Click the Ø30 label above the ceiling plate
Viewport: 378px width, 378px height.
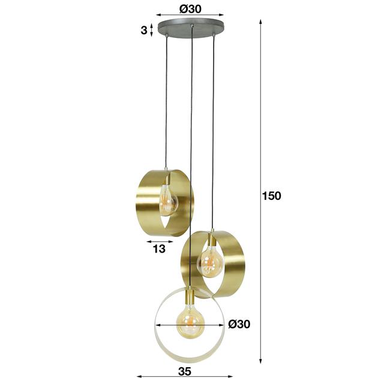(190, 8)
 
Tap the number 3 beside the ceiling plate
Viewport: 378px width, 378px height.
(143, 30)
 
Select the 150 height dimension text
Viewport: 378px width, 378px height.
(271, 195)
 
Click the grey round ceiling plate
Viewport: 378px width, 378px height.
(190, 28)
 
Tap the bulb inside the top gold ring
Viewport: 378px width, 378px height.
(168, 202)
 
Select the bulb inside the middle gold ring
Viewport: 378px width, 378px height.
(210, 261)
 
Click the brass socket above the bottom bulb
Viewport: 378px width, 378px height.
(189, 296)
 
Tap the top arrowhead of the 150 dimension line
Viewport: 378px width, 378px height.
(261, 20)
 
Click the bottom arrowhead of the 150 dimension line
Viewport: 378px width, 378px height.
(261, 361)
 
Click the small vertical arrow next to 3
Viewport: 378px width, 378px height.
(151, 29)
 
